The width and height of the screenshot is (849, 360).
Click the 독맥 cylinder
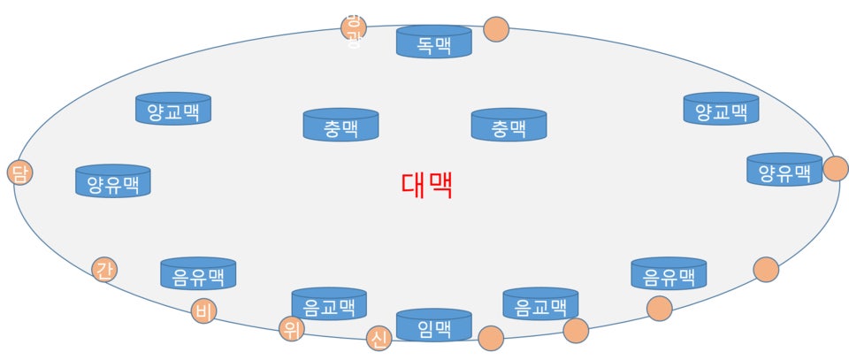coord(433,42)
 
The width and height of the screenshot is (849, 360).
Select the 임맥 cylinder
coord(433,326)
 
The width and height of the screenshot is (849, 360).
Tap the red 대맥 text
coord(426,185)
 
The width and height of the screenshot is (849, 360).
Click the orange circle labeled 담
coord(19,172)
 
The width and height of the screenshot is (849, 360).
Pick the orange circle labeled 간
coord(104,268)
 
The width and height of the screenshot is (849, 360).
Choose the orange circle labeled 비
coord(203,310)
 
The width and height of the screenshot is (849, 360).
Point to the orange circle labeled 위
coord(291,329)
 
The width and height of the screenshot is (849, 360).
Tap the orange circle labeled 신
coord(379,338)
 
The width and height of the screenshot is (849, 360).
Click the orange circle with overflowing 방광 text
coord(354,27)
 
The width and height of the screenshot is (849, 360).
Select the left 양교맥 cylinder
coord(172,109)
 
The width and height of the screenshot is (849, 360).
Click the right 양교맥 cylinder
coord(721,109)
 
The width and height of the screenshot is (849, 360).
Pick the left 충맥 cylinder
coord(340,126)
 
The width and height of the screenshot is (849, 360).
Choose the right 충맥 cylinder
coord(509,126)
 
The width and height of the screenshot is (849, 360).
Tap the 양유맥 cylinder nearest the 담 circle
coord(113,181)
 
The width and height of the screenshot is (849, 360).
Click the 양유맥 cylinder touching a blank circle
coord(784,170)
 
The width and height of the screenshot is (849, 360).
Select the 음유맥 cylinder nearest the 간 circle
coord(198,274)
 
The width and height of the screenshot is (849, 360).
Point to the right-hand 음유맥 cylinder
coord(669,274)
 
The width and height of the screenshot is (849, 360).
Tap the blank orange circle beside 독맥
coord(496,29)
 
